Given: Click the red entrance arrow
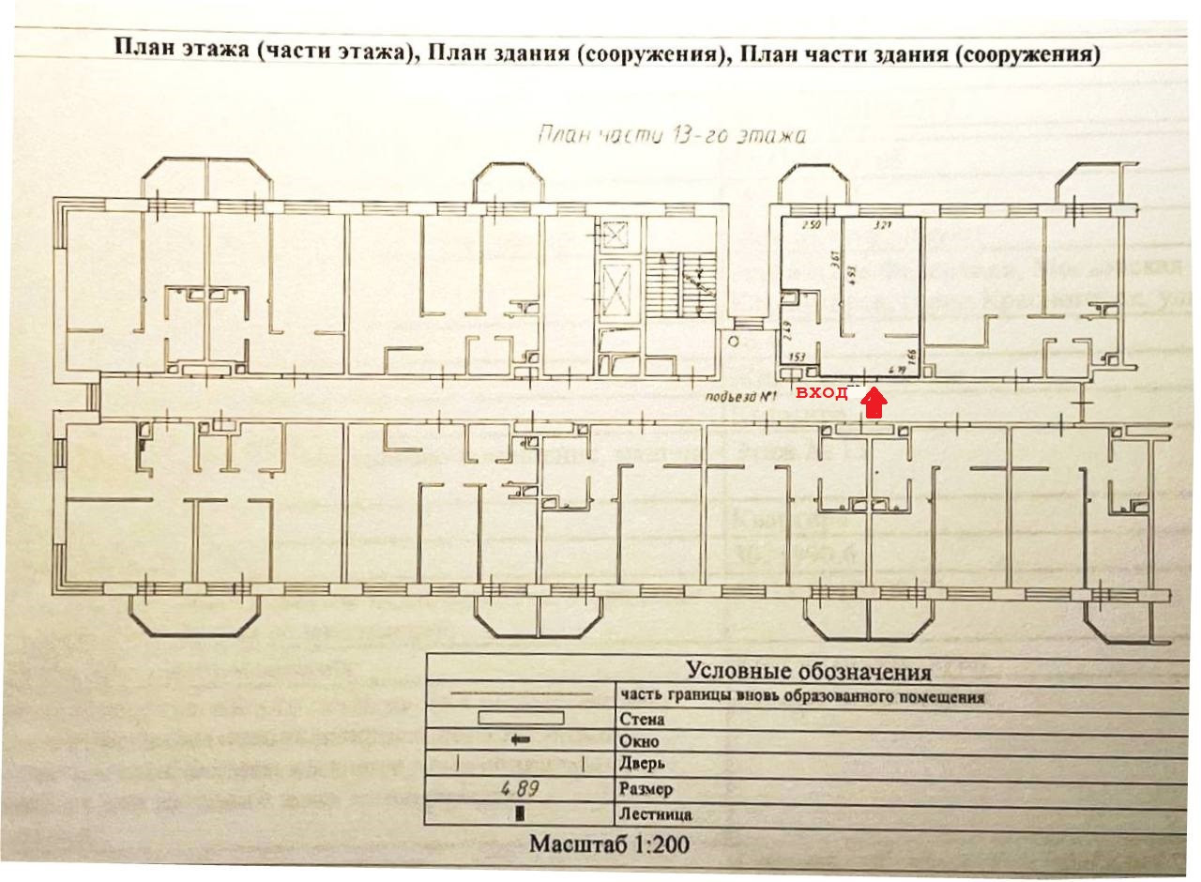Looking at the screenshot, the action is coord(874,403).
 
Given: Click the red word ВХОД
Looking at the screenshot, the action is coord(822,393).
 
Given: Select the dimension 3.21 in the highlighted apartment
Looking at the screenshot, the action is coord(881,226).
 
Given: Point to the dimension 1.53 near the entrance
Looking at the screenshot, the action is coord(798,357).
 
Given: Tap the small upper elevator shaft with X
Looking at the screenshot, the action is coord(616,234).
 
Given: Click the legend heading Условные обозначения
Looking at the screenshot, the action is coord(808,671).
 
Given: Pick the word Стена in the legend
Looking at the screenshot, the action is coord(642,720).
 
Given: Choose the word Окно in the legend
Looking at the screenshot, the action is coord(639,742).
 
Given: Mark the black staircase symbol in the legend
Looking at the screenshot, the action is coord(519,814).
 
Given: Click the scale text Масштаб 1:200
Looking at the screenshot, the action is coord(609,844).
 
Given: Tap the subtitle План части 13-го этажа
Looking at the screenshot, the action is coord(671,135).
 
